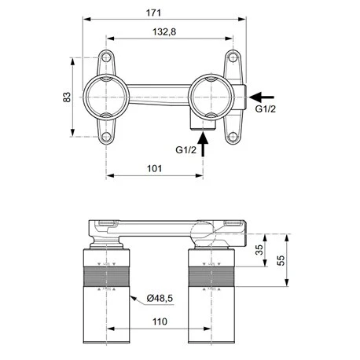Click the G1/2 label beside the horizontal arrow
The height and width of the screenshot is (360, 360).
click(x=266, y=109)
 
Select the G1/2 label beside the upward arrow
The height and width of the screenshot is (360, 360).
click(x=186, y=149)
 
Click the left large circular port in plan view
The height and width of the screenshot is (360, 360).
click(x=106, y=96)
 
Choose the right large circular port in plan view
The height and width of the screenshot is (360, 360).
click(x=208, y=96)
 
